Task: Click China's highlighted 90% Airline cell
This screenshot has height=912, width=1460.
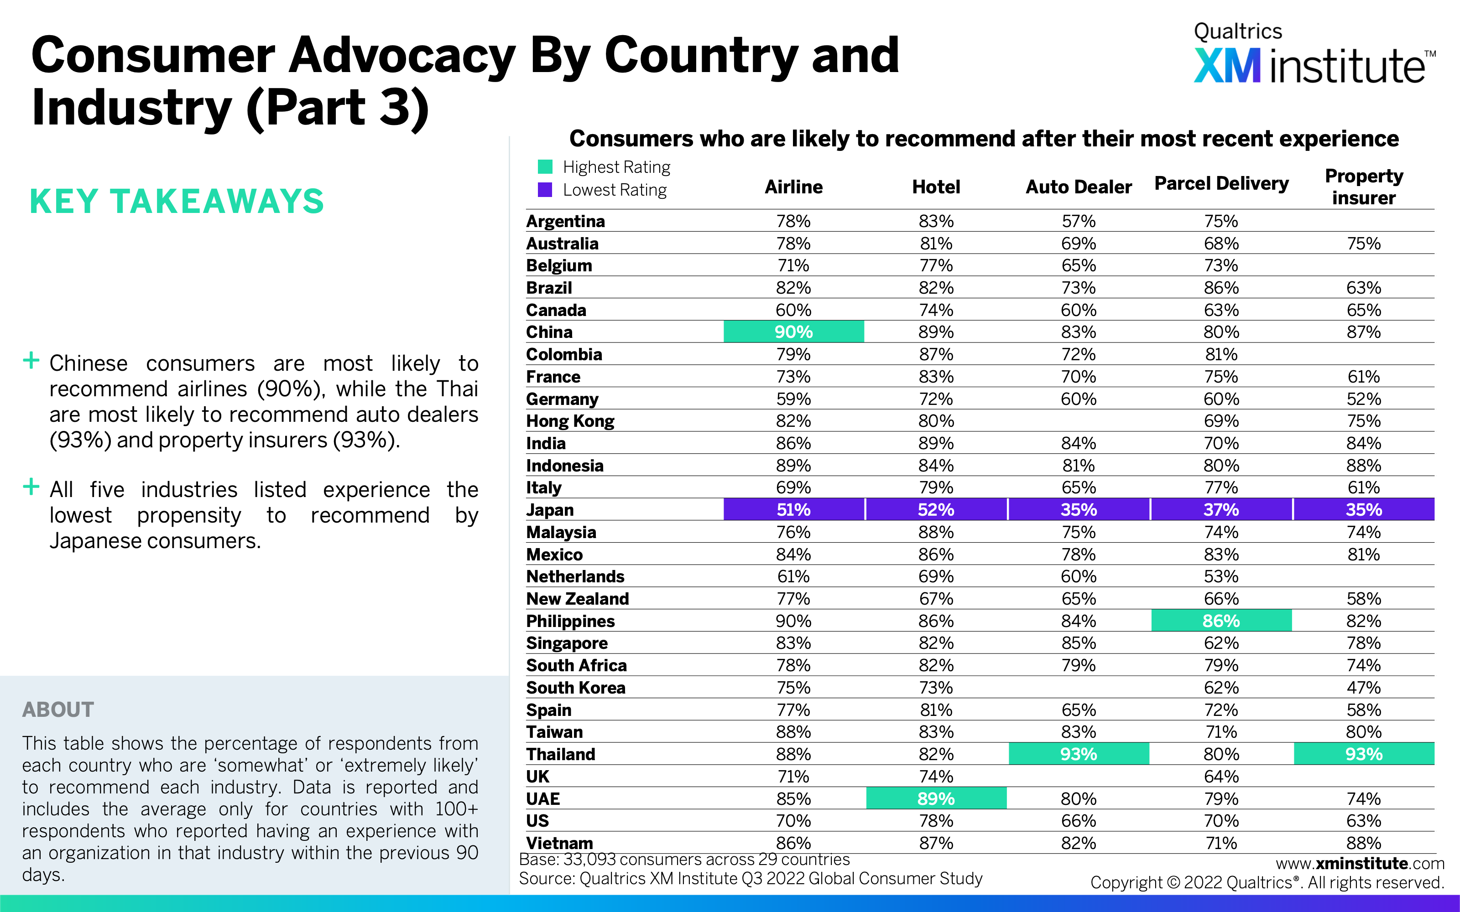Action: pyautogui.click(x=793, y=332)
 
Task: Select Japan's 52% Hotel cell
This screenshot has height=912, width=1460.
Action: pyautogui.click(x=936, y=510)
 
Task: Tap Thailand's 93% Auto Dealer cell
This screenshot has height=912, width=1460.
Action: pyautogui.click(x=1079, y=754)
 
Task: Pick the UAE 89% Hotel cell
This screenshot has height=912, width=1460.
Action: pyautogui.click(x=936, y=798)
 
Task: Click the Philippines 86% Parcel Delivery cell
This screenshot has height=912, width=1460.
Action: pyautogui.click(x=1221, y=621)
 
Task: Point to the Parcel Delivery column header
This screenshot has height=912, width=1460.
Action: pyautogui.click(x=1221, y=183)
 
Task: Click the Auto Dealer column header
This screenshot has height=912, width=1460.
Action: pyautogui.click(x=1079, y=187)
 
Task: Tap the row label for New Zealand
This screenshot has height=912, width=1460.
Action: pyautogui.click(x=577, y=599)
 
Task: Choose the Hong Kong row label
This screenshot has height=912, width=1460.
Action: pyautogui.click(x=570, y=421)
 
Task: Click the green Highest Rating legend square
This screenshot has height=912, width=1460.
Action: pyautogui.click(x=545, y=166)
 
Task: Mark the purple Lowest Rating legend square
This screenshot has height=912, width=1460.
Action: pyautogui.click(x=545, y=190)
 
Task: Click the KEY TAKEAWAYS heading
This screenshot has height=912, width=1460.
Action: pyautogui.click(x=177, y=202)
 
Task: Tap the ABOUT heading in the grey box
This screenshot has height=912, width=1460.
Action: pyautogui.click(x=58, y=710)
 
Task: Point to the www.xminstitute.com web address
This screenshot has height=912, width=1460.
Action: pyautogui.click(x=1360, y=863)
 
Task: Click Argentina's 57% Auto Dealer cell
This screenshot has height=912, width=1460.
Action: pyautogui.click(x=1079, y=221)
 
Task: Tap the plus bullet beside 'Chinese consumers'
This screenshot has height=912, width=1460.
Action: pyautogui.click(x=31, y=361)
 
